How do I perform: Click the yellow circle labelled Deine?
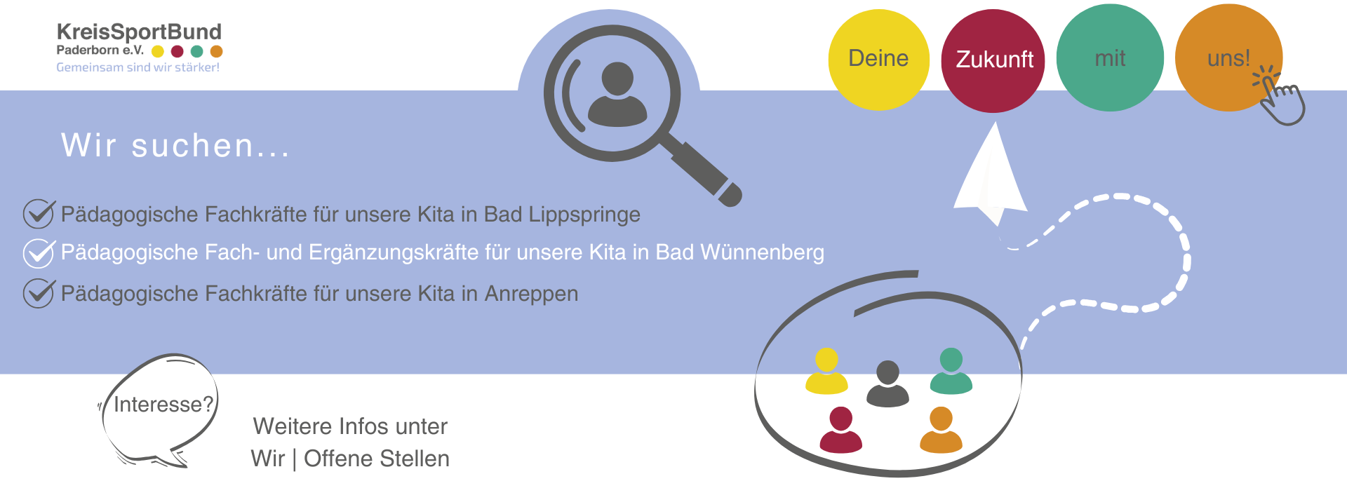tap(878, 59)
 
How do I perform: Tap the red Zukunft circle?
tap(993, 60)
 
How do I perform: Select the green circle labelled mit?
tap(1109, 58)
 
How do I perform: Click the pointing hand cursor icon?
tap(1280, 98)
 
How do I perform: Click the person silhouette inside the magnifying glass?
tap(617, 95)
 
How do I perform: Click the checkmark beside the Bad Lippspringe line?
tap(38, 214)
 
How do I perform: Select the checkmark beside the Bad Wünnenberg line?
tap(38, 252)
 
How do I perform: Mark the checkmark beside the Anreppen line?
tap(38, 293)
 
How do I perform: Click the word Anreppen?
tap(531, 294)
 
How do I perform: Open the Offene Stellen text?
tap(376, 459)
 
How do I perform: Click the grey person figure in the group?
tap(887, 384)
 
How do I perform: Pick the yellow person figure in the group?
tap(826, 372)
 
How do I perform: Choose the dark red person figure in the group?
tap(840, 430)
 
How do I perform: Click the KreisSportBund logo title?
tap(139, 32)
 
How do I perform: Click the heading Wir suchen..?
tap(175, 146)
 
